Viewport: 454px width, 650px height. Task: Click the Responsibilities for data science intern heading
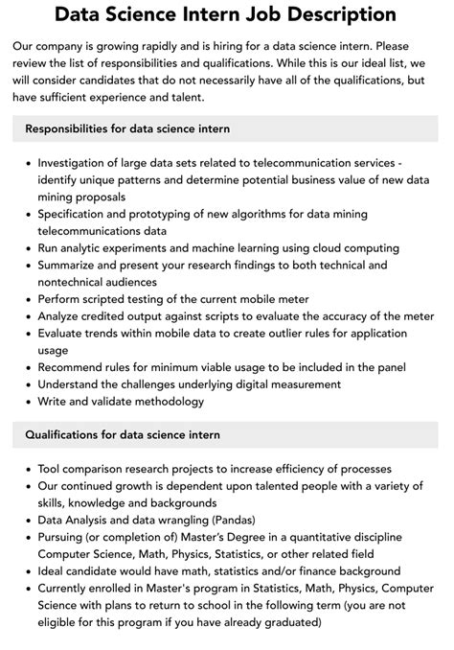(x=127, y=128)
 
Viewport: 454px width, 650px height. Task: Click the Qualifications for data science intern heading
(x=123, y=434)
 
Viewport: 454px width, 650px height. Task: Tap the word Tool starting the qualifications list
(x=52, y=469)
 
